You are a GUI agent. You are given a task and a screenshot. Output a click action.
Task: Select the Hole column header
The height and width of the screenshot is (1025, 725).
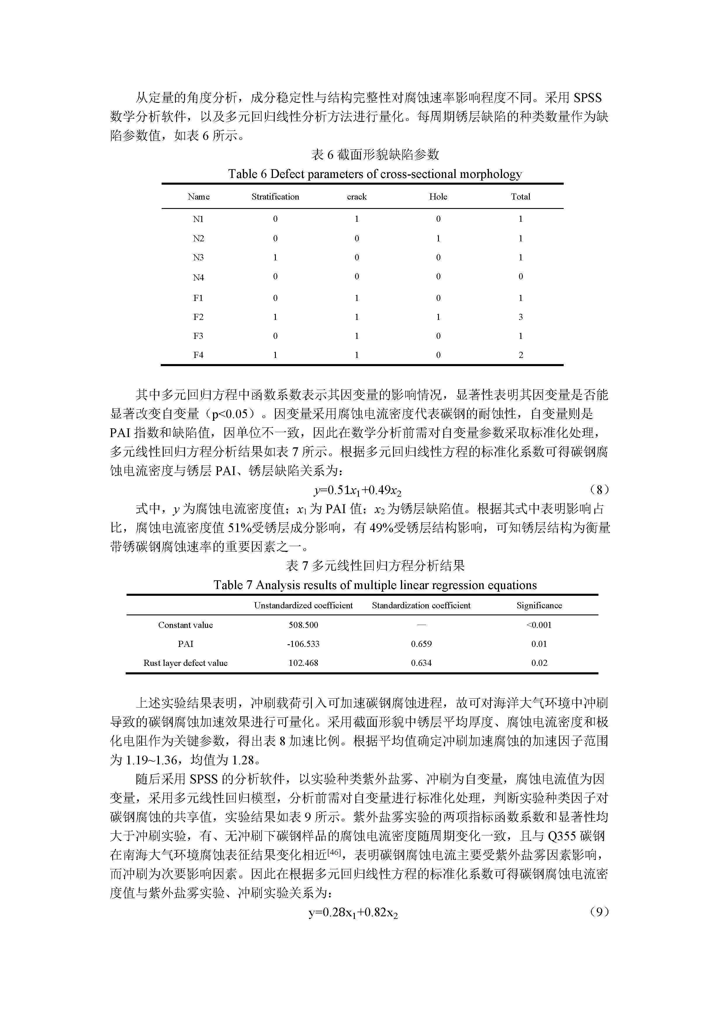pyautogui.click(x=438, y=197)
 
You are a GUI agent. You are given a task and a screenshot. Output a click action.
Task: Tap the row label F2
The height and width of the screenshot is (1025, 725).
pyautogui.click(x=198, y=317)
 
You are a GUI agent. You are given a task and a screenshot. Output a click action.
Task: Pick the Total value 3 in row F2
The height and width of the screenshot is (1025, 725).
pyautogui.click(x=520, y=317)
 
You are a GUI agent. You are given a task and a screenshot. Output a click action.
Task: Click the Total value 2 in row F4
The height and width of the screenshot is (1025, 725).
pyautogui.click(x=520, y=355)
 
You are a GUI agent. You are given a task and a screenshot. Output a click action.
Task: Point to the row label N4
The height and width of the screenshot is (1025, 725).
pyautogui.click(x=198, y=277)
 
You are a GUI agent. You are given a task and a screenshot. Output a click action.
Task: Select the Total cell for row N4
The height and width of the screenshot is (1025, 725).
pyautogui.click(x=520, y=277)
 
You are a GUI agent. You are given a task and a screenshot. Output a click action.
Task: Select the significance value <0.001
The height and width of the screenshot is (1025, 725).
pyautogui.click(x=539, y=625)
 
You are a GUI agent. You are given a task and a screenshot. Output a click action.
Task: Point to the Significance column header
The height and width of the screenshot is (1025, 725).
pyautogui.click(x=539, y=606)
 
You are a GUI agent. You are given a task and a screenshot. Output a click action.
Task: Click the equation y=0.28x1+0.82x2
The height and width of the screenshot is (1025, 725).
pyautogui.click(x=353, y=913)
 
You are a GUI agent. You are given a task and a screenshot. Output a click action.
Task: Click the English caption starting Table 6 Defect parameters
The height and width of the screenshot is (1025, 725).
pyautogui.click(x=375, y=174)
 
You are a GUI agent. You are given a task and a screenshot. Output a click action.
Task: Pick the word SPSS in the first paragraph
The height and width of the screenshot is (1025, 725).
pyautogui.click(x=587, y=98)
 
